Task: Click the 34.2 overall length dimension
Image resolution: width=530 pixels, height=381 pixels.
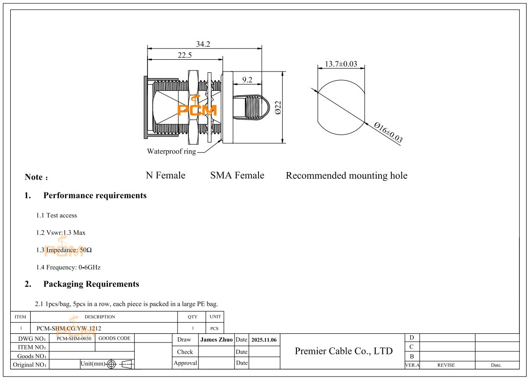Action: click(203, 44)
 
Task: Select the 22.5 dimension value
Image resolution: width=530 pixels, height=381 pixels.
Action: click(184, 55)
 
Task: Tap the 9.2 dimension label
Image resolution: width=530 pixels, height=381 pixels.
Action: click(247, 80)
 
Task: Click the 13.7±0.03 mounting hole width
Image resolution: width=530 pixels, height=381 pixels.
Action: click(341, 64)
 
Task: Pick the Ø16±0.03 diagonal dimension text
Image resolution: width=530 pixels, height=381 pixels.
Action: click(388, 132)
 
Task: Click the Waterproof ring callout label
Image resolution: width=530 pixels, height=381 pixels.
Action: click(171, 152)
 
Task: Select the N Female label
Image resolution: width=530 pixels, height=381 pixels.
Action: click(165, 175)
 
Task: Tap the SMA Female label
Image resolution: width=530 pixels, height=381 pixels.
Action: click(237, 175)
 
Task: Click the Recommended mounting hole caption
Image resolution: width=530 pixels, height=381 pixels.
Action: click(347, 176)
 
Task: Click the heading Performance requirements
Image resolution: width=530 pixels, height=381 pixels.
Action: click(95, 195)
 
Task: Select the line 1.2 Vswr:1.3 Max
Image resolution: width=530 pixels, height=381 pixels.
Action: click(61, 233)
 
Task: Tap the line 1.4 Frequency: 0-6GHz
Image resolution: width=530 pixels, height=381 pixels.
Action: click(68, 267)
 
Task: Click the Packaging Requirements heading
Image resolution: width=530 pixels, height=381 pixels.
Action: click(91, 284)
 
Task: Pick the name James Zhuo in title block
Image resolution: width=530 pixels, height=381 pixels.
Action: click(217, 340)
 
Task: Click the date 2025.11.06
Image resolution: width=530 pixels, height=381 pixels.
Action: click(264, 340)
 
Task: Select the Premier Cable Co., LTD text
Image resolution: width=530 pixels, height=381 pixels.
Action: click(344, 351)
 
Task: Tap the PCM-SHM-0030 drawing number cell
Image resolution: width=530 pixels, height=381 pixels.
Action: click(72, 338)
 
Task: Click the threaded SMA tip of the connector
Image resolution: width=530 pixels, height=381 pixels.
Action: click(252, 107)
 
